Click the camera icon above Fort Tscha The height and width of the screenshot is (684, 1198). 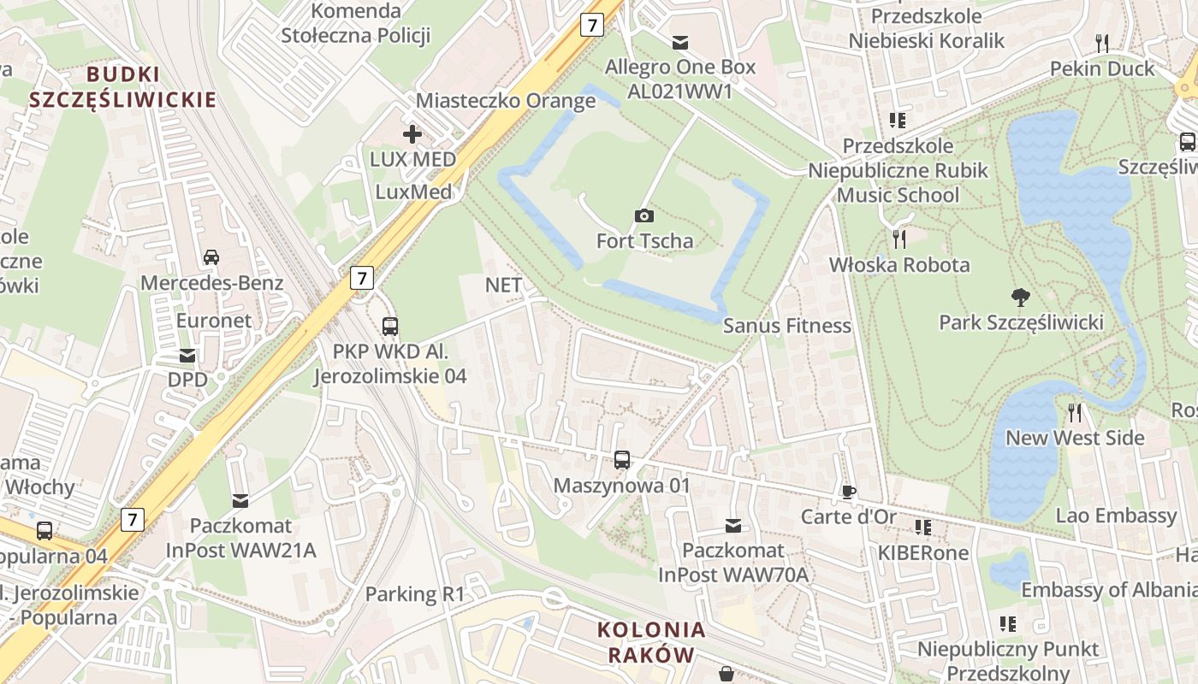[x=644, y=215]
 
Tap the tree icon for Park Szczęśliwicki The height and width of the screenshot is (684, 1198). [x=1019, y=298]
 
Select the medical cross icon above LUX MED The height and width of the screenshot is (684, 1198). [x=412, y=134]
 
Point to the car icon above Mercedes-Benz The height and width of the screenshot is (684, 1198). [x=211, y=256]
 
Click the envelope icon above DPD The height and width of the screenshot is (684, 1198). [x=187, y=355]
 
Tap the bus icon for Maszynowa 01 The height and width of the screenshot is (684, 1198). [x=622, y=460]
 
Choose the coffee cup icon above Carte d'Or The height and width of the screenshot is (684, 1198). [x=848, y=491]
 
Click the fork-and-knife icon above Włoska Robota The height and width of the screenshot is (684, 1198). [x=898, y=239]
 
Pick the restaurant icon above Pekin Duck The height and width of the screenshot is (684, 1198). [x=1102, y=43]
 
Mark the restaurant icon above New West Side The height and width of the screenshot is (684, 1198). [x=1075, y=413]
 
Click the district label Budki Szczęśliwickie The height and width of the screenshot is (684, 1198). [x=122, y=87]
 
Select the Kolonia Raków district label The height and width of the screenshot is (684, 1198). [x=652, y=643]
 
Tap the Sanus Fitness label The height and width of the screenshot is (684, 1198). [x=786, y=326]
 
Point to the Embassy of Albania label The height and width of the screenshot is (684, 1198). [x=1108, y=590]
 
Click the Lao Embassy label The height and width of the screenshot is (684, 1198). [x=1116, y=516]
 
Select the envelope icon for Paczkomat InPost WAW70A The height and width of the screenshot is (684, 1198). [x=733, y=525]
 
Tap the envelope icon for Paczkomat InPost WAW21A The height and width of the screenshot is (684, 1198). [x=240, y=500]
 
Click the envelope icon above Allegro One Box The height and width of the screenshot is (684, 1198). [x=680, y=42]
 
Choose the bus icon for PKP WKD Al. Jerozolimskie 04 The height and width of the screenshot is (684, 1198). [x=390, y=326]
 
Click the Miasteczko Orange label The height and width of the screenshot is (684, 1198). [x=505, y=101]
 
